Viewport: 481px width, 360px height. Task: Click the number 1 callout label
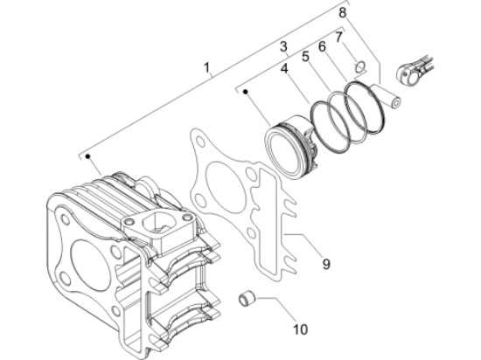click(x=207, y=66)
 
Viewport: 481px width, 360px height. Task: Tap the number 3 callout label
click(x=283, y=45)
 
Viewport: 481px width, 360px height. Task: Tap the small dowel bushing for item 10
click(x=247, y=301)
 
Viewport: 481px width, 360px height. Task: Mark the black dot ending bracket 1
click(x=89, y=157)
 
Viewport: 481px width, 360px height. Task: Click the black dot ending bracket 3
click(x=247, y=90)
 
